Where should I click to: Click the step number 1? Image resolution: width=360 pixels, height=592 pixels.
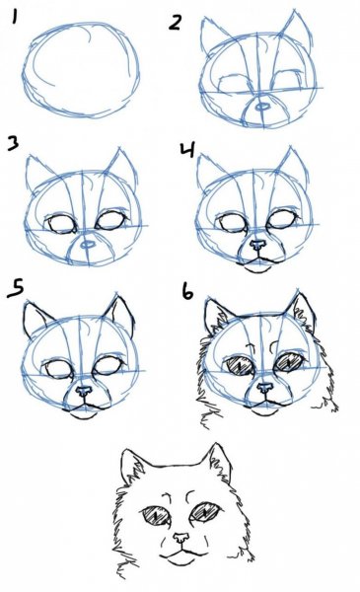[15, 17]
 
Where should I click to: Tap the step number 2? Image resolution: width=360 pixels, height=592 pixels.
[176, 23]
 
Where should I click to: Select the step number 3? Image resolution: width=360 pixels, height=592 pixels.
[13, 143]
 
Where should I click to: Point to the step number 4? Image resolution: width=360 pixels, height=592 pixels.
[187, 150]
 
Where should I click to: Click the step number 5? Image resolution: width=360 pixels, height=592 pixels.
[16, 288]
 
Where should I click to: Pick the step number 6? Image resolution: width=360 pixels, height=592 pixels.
[187, 291]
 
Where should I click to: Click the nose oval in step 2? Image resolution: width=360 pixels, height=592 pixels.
[261, 108]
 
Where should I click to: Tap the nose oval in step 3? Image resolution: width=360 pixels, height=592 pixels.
[88, 245]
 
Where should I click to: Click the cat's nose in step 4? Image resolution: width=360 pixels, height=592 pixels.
[257, 246]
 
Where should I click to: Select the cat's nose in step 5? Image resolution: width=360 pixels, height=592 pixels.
[84, 391]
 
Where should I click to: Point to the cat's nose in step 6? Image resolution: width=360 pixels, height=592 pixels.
[265, 388]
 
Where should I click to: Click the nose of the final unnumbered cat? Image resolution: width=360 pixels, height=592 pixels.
[181, 538]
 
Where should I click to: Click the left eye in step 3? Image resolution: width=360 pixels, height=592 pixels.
[61, 223]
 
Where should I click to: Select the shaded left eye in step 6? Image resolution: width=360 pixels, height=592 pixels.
[241, 365]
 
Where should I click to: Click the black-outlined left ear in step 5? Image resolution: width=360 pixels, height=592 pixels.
[36, 319]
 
